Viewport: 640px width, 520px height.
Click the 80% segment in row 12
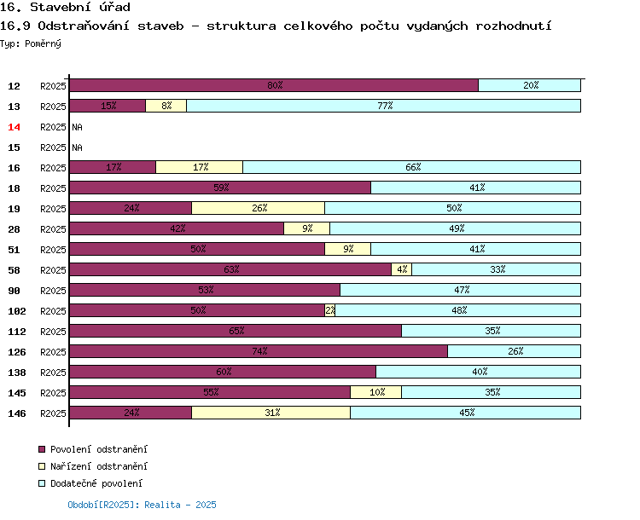click(x=274, y=85)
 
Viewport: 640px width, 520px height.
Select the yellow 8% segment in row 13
click(x=166, y=106)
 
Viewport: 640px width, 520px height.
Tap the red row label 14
click(x=14, y=127)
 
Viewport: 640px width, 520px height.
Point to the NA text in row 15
click(x=77, y=147)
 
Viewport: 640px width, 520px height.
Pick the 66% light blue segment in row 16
click(x=412, y=167)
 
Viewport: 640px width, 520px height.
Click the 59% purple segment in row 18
click(x=220, y=188)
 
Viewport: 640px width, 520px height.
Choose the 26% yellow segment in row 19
click(x=259, y=208)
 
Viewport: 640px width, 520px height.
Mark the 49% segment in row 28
click(x=456, y=228)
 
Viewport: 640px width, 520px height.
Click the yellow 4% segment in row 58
click(x=402, y=269)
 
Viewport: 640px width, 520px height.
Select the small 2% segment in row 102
click(x=330, y=310)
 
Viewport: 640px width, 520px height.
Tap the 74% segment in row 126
click(x=259, y=351)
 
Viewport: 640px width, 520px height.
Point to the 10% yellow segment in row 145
click(x=376, y=392)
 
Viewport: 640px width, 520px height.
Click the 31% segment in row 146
click(x=271, y=413)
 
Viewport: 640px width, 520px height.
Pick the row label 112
click(x=17, y=332)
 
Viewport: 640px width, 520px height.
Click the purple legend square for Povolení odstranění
click(x=42, y=449)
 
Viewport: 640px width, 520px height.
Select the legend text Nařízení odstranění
click(x=99, y=466)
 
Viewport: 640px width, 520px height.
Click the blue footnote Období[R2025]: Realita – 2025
click(x=142, y=505)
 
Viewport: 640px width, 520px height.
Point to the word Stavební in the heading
click(x=61, y=7)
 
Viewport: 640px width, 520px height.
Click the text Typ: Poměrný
click(x=31, y=43)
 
